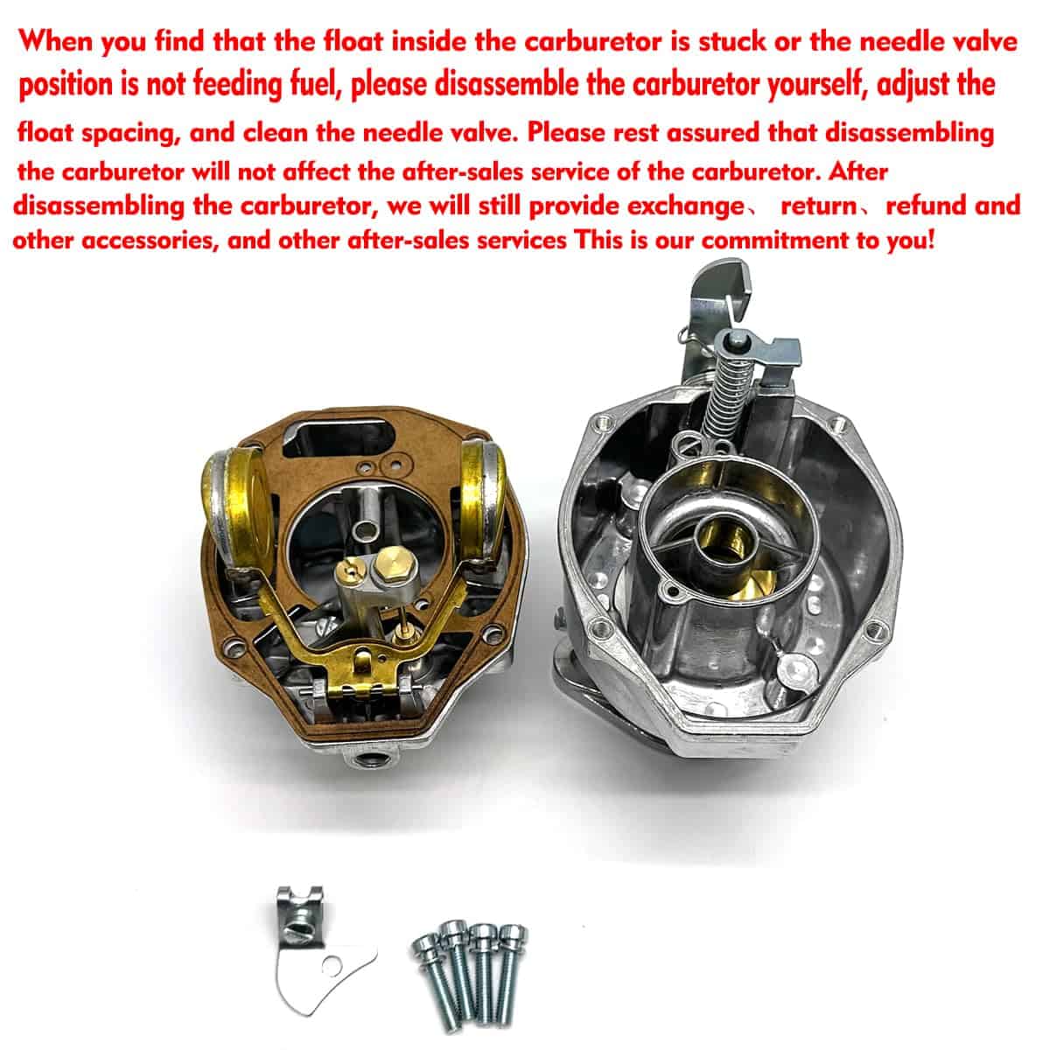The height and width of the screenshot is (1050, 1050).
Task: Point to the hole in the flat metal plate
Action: coord(332,966)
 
